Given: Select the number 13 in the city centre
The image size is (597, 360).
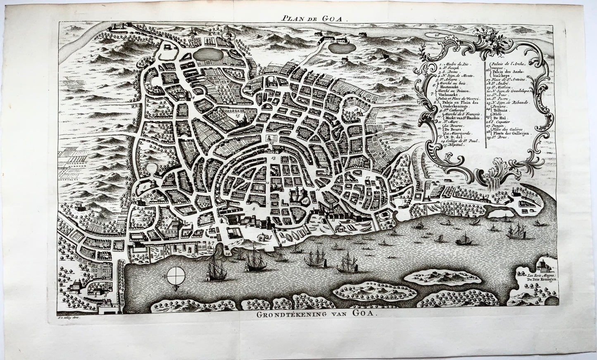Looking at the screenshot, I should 273,158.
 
